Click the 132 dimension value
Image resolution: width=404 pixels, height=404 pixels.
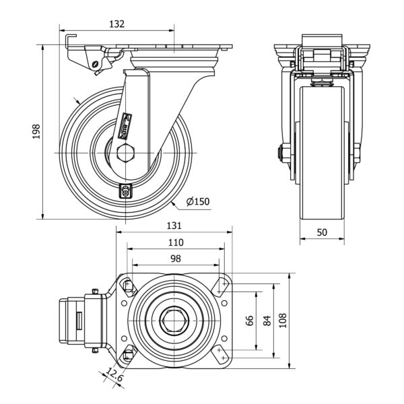coord(116,24)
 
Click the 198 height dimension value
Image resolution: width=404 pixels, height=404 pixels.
coord(38,129)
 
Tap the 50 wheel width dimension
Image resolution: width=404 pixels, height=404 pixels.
coord(322,232)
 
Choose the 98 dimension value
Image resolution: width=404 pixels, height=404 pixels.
coord(175,259)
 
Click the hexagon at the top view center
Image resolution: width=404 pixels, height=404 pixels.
coord(175,321)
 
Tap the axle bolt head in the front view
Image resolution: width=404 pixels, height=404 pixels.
coord(279,154)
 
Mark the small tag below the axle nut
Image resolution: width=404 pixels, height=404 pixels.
coord(126,191)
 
